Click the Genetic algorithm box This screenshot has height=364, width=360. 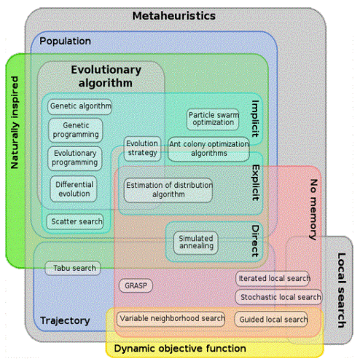pos(79,106)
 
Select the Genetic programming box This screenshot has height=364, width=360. pos(76,130)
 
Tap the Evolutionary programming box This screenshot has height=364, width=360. pos(74,158)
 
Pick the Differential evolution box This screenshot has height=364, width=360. pos(74,189)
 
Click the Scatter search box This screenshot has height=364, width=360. pos(75,221)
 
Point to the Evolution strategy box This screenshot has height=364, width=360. pos(142,149)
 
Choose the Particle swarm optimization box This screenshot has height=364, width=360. pos(213,119)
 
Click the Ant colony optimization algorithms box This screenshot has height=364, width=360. pos(208,149)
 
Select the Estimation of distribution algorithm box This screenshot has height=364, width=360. pos(168,190)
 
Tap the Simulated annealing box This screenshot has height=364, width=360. pos(196,242)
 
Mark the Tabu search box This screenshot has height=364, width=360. pos(73,268)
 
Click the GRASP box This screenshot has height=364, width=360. pos(136,285)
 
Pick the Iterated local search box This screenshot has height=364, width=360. pos(273,278)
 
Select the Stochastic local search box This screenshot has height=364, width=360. pos(278,297)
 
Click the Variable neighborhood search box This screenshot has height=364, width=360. pos(171,319)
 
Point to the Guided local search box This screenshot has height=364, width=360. pos(271,319)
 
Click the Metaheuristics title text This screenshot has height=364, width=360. pos(174,16)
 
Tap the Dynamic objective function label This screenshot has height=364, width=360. pos(180,349)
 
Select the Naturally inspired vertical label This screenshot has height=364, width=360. pos(15,122)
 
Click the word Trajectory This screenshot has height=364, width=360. pos(65,321)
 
